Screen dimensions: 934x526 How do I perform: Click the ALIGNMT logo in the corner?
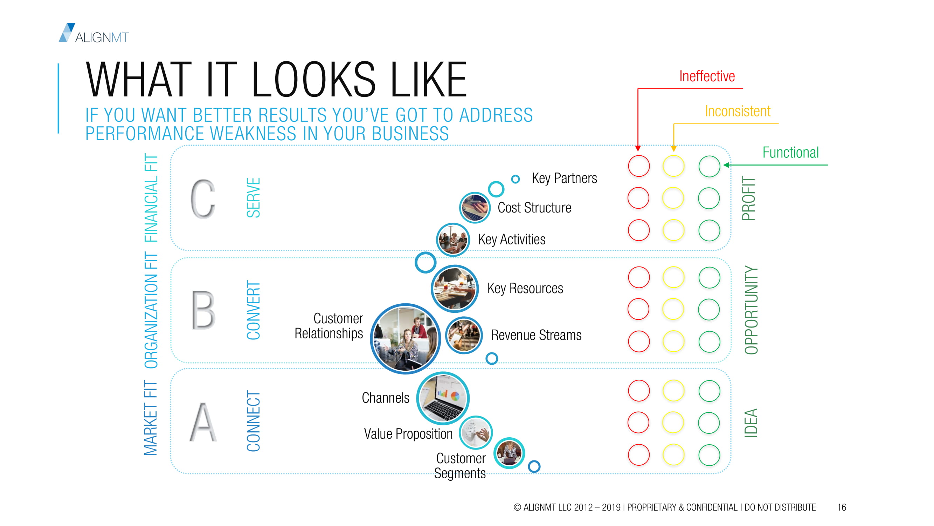(94, 33)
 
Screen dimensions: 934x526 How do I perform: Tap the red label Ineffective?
(707, 76)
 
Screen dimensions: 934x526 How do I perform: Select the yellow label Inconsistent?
(738, 111)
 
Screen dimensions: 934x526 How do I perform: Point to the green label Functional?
(790, 153)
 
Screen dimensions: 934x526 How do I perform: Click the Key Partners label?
(564, 178)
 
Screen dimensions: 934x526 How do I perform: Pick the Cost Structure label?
(534, 208)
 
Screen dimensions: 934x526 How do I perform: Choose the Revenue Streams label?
(536, 335)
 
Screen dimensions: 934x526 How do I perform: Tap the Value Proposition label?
(408, 434)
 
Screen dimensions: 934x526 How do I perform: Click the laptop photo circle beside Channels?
(443, 398)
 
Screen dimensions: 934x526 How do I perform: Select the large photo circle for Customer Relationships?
(405, 339)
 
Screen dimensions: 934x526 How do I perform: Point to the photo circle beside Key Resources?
(455, 289)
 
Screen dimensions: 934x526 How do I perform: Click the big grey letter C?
(203, 199)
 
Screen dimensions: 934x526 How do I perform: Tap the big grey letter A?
(203, 422)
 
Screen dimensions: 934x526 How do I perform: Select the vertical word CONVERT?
(254, 310)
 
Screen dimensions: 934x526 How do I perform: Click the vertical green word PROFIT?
(748, 198)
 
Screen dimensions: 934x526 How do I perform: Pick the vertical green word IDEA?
(750, 423)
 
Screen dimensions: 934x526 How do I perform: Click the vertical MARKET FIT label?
(151, 418)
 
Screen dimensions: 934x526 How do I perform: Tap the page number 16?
(841, 507)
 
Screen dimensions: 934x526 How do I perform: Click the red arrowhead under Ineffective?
(638, 148)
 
